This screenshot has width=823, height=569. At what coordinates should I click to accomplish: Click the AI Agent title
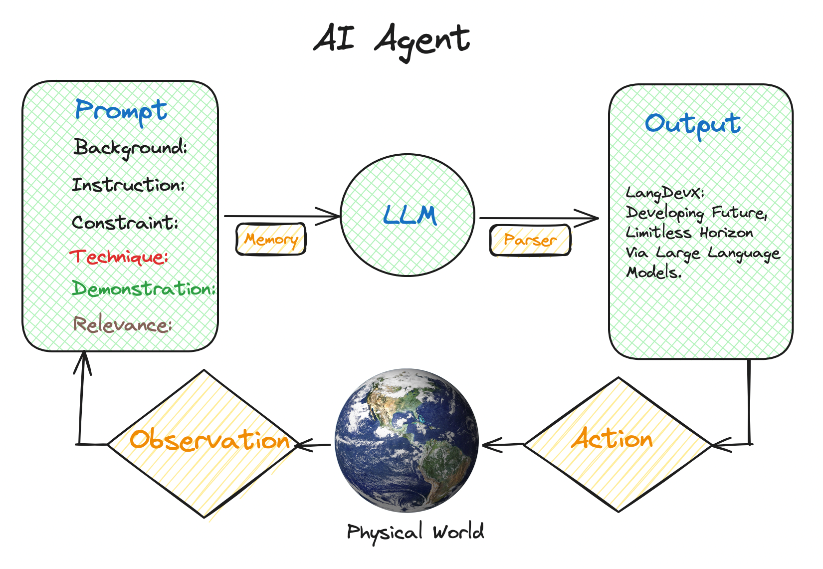click(x=392, y=40)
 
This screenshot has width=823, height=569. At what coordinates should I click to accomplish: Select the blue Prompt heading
click(x=121, y=111)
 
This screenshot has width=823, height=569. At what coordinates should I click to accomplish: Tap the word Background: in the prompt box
click(x=131, y=148)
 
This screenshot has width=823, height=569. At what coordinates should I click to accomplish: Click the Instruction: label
click(x=129, y=185)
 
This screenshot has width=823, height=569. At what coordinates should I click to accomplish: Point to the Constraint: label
click(x=125, y=223)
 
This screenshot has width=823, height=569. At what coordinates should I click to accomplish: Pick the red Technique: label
click(x=119, y=257)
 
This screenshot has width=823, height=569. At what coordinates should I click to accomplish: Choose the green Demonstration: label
click(x=144, y=288)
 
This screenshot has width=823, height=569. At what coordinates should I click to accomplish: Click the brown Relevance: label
click(x=123, y=325)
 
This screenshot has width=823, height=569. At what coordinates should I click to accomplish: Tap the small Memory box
click(x=271, y=240)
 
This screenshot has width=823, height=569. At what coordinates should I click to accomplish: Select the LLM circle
click(x=408, y=215)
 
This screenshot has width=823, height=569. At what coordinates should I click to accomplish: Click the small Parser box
click(x=530, y=240)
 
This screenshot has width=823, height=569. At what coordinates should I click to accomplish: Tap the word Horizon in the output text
click(x=726, y=233)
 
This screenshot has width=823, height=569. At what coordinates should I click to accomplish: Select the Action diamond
click(x=617, y=444)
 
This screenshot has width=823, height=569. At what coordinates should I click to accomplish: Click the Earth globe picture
click(x=407, y=440)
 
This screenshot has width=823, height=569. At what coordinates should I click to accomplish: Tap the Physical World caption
click(x=415, y=532)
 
